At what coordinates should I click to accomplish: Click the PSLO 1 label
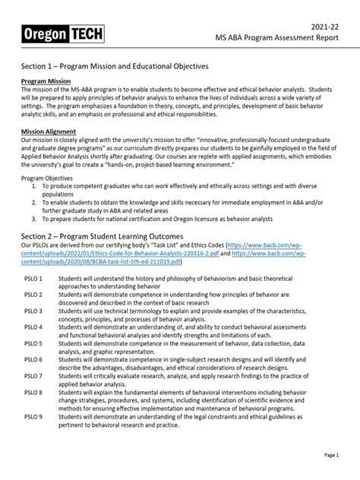[31, 279]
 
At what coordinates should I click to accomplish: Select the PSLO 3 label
[31, 311]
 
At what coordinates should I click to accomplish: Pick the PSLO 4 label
[31, 327]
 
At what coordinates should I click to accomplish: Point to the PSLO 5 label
[31, 343]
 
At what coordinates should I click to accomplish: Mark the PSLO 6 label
[31, 359]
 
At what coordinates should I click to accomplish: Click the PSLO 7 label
[31, 375]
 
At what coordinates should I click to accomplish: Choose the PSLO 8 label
[31, 392]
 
